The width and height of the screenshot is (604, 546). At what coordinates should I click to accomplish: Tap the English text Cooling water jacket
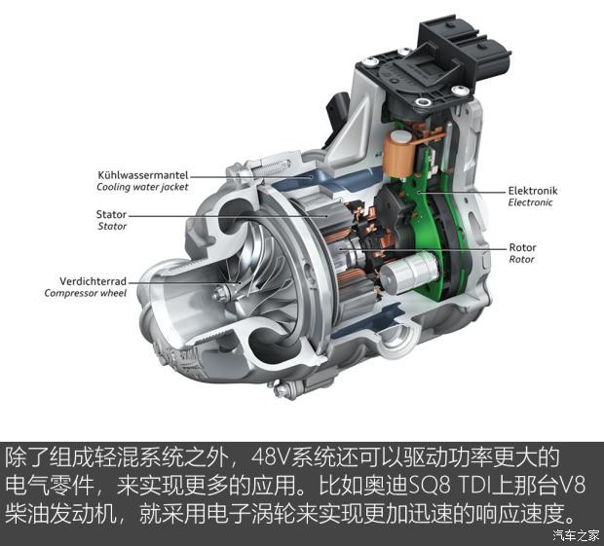click(141, 187)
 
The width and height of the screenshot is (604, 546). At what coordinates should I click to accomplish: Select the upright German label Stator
click(111, 214)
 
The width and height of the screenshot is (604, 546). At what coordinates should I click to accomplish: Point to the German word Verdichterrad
click(84, 279)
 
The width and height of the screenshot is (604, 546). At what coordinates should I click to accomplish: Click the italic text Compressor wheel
click(87, 292)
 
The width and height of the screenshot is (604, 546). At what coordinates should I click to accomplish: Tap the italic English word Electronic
click(531, 202)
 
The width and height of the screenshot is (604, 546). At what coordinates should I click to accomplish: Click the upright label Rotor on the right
click(523, 247)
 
